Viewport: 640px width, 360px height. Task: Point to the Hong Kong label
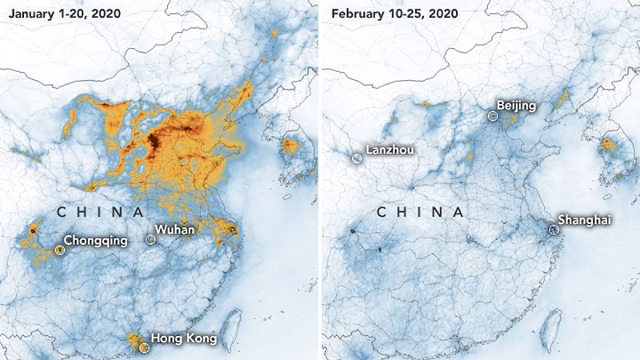point(183,339)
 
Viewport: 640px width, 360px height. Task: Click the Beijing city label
point(516,106)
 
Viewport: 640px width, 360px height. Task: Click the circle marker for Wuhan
point(150,239)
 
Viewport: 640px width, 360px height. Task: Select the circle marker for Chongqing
point(59,250)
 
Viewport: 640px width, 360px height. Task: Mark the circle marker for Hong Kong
point(143,347)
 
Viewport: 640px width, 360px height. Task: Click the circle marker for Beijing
point(493,116)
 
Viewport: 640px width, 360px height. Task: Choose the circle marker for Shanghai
point(553,230)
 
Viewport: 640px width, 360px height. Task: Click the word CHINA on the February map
point(420,213)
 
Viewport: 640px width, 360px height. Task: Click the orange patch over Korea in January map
point(289,146)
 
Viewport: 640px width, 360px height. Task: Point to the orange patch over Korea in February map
point(610,146)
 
